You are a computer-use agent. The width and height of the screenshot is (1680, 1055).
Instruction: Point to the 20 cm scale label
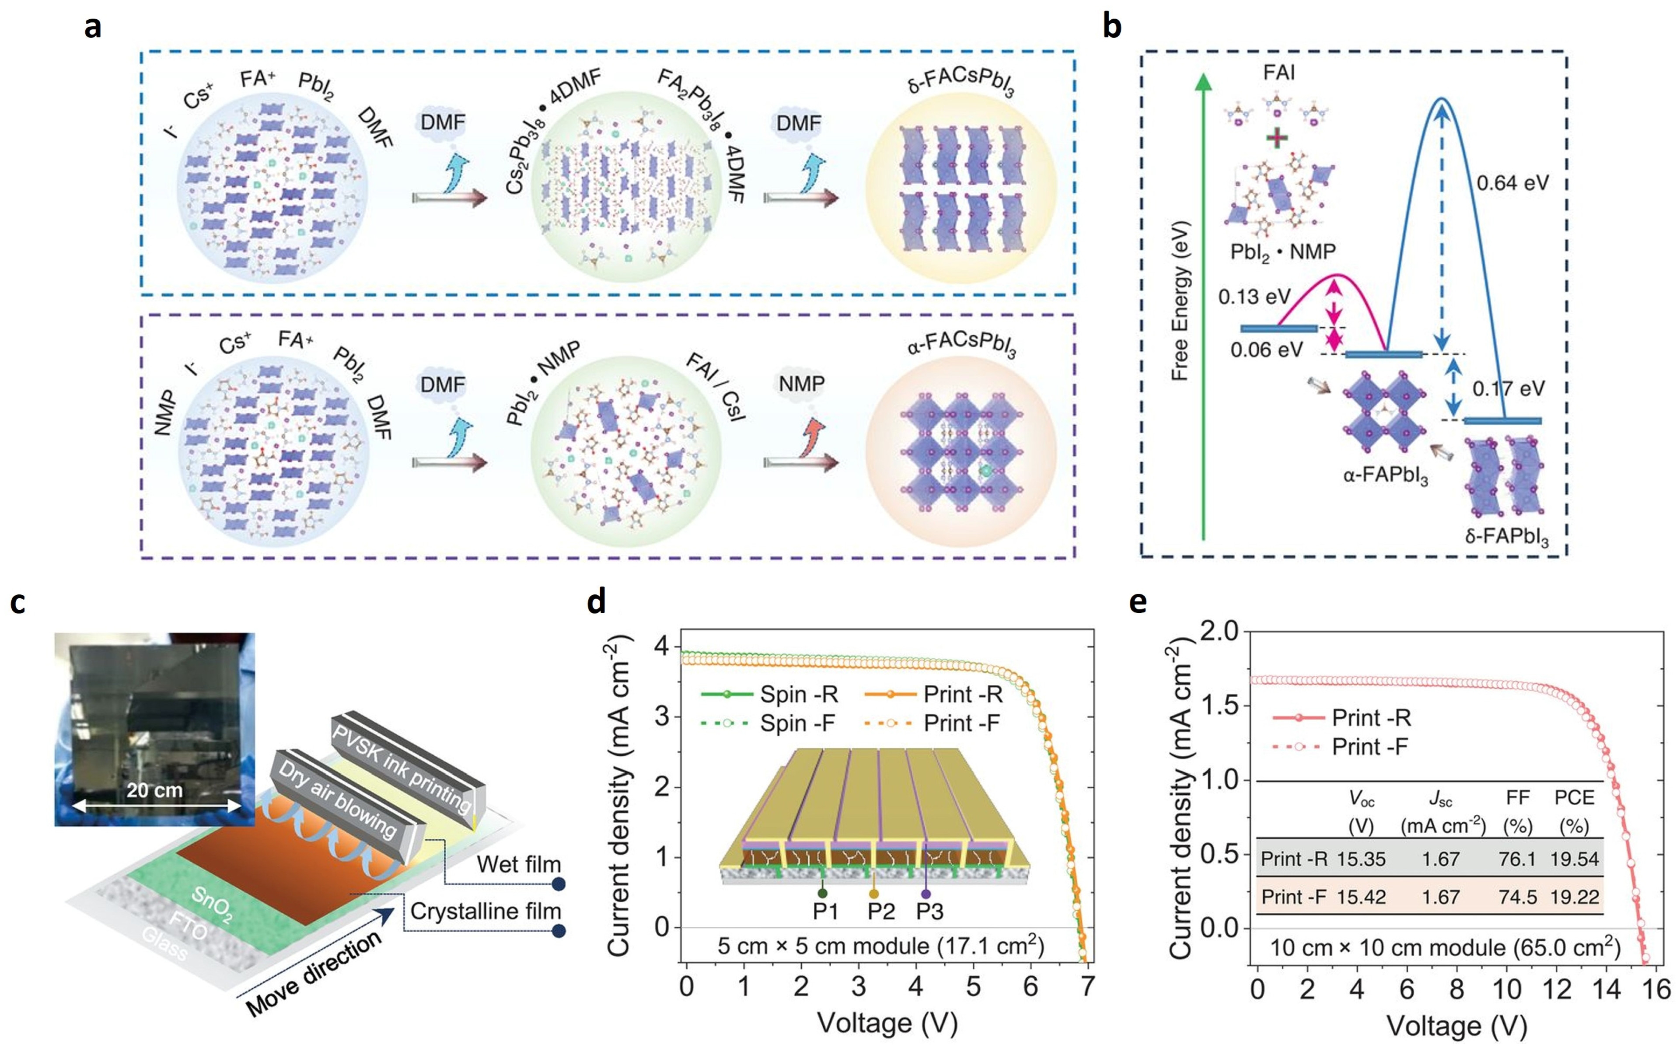[x=154, y=790]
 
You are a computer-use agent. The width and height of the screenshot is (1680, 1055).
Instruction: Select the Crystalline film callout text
[x=485, y=911]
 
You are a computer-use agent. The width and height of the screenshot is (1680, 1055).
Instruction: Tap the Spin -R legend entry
[x=799, y=694]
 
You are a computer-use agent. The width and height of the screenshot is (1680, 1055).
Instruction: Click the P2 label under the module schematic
[x=881, y=911]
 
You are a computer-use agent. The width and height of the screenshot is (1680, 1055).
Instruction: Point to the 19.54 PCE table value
[x=1574, y=859]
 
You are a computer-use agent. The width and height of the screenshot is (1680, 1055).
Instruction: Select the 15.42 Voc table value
[x=1360, y=897]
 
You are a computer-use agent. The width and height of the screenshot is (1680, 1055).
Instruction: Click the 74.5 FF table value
[x=1517, y=897]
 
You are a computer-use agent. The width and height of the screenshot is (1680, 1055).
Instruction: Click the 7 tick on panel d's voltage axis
[x=1087, y=987]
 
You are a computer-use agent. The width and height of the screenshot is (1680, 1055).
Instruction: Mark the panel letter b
[x=1112, y=27]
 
